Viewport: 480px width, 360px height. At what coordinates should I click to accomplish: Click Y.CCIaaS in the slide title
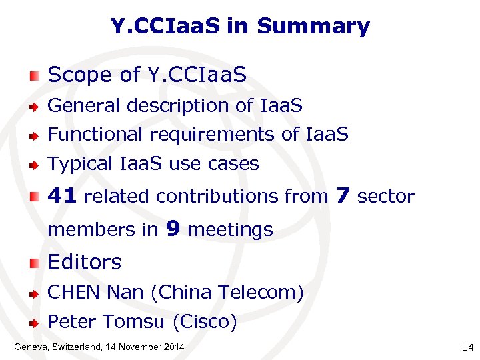(x=165, y=27)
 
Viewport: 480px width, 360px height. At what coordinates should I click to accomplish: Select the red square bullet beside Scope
(x=35, y=75)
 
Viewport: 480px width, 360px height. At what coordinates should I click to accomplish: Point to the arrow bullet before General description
(x=35, y=106)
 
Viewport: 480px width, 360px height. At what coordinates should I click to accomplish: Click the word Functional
(x=96, y=135)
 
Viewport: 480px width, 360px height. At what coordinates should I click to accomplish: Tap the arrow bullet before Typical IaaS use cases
(x=35, y=164)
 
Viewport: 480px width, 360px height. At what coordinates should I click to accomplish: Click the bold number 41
(x=63, y=196)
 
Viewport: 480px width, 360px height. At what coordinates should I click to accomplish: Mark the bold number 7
(x=343, y=195)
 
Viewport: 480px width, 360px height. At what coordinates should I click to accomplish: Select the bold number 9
(x=173, y=229)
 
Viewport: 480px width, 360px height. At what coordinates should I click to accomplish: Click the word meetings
(x=231, y=230)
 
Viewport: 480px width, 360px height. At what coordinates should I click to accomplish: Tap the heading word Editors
(x=85, y=263)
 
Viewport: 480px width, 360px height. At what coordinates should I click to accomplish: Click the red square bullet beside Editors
(x=35, y=263)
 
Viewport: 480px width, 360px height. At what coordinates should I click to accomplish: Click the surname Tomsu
(x=135, y=323)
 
